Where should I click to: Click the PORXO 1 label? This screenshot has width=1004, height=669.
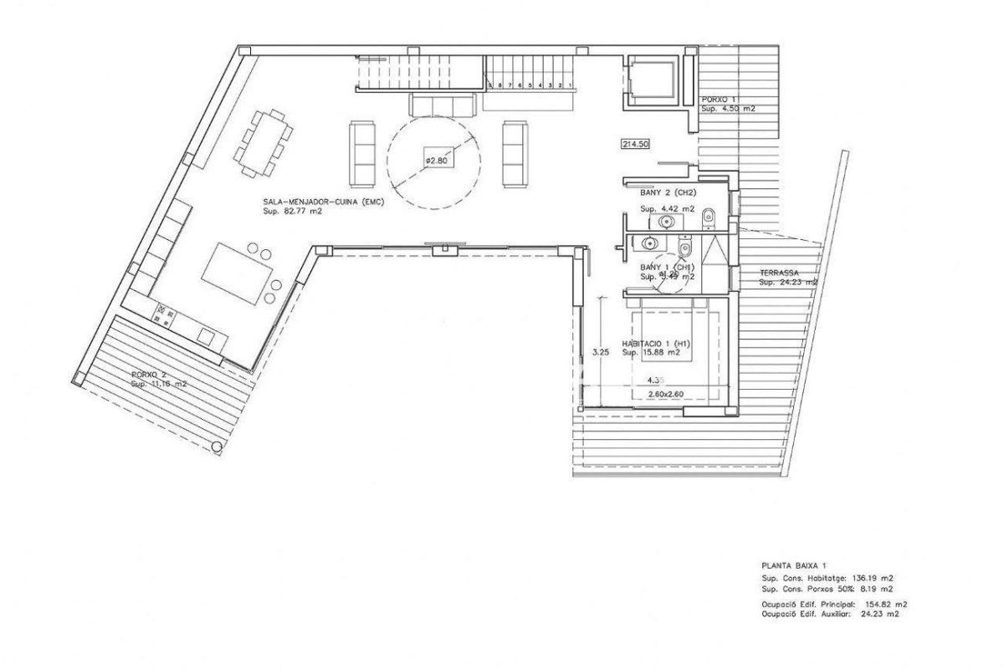[x=720, y=99]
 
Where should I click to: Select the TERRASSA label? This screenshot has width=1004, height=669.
[x=779, y=273]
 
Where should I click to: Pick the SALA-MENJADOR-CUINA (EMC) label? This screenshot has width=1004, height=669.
[x=321, y=202]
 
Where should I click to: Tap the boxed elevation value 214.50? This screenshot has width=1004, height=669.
[x=635, y=144]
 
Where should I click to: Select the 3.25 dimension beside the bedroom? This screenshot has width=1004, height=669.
[x=599, y=352]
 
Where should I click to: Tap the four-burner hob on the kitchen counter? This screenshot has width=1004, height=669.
[x=163, y=315]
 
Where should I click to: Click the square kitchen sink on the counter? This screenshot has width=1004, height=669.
[x=206, y=336]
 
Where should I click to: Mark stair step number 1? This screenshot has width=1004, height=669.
[x=570, y=85]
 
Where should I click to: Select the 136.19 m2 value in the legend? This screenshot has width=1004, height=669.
[x=873, y=577]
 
